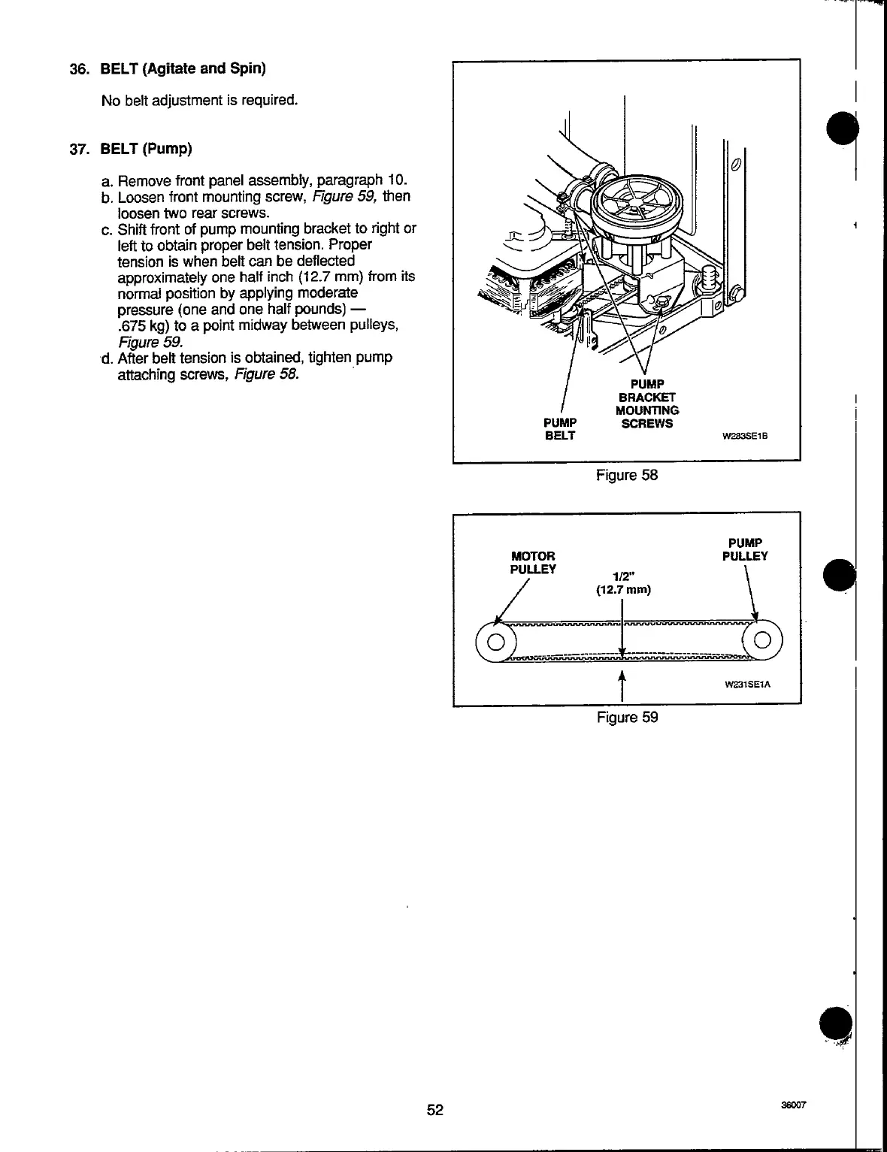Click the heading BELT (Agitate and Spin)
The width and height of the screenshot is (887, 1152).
coord(183,68)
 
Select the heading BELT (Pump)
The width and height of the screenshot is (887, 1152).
coord(147,148)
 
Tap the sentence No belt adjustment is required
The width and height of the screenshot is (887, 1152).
coord(199,100)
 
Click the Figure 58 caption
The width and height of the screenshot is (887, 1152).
coord(626,475)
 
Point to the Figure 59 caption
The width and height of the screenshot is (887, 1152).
coord(627,717)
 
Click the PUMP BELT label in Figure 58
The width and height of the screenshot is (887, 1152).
coord(560,429)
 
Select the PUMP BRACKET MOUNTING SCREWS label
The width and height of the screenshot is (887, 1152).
coord(646,404)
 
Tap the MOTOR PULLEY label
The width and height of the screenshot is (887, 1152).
coord(533,562)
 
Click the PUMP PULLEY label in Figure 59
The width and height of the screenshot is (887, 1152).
coord(745,549)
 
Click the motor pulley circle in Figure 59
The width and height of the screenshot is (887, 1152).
coord(495,643)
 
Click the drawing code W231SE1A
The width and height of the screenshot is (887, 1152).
coord(748,685)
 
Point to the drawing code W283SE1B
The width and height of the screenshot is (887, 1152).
coord(749,435)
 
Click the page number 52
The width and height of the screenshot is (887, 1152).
coord(435,1109)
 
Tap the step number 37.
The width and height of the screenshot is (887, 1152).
coord(79,148)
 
